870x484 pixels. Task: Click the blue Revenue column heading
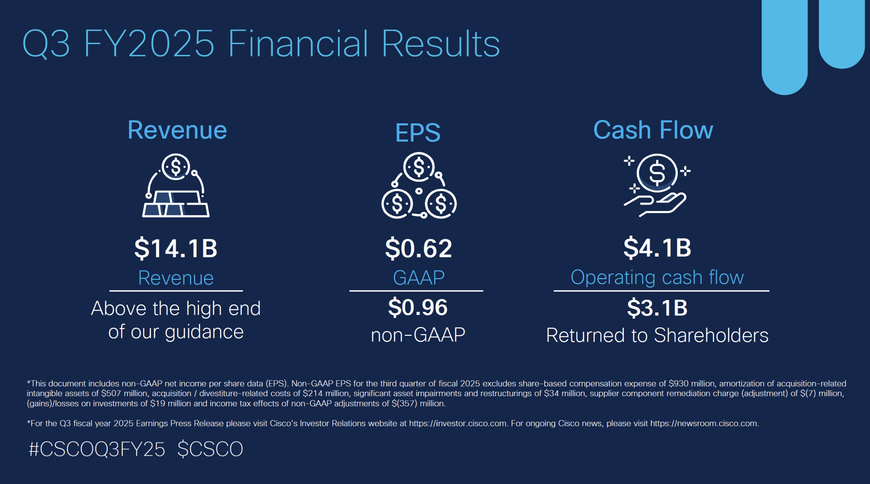[x=177, y=130]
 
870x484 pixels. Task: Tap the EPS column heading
[x=418, y=133]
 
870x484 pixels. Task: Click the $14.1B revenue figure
[x=176, y=248]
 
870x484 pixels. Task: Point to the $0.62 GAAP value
[x=419, y=248]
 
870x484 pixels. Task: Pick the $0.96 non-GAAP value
[x=418, y=307]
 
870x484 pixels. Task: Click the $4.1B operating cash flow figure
[x=657, y=248]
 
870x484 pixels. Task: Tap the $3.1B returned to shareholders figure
[x=657, y=308]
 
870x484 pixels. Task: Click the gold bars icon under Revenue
[x=176, y=185]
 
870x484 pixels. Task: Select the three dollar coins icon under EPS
[x=419, y=185]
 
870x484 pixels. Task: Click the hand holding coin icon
[x=657, y=185]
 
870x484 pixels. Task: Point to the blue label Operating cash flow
[x=657, y=277]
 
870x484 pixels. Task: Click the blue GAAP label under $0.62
[x=419, y=277]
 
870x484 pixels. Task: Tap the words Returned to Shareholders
[x=657, y=335]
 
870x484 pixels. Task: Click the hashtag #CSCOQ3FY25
[x=97, y=449]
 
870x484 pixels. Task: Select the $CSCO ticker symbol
[x=210, y=449]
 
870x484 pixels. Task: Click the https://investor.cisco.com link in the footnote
[x=458, y=423]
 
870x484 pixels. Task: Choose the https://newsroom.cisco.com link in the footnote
[x=704, y=423]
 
